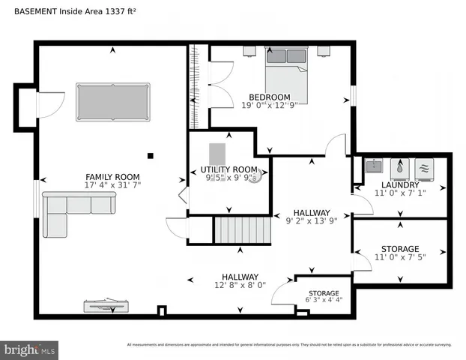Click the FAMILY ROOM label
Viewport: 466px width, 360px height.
click(x=113, y=177)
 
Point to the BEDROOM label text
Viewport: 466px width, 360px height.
click(x=270, y=97)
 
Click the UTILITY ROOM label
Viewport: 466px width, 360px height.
click(x=229, y=169)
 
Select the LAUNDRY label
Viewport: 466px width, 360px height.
click(x=399, y=184)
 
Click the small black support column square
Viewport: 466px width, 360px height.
click(x=151, y=156)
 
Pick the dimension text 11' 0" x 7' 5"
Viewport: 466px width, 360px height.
click(x=399, y=259)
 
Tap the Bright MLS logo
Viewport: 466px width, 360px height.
click(x=30, y=349)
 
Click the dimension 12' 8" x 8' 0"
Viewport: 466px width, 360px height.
click(x=240, y=286)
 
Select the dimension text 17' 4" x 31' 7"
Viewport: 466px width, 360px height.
click(x=113, y=185)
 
